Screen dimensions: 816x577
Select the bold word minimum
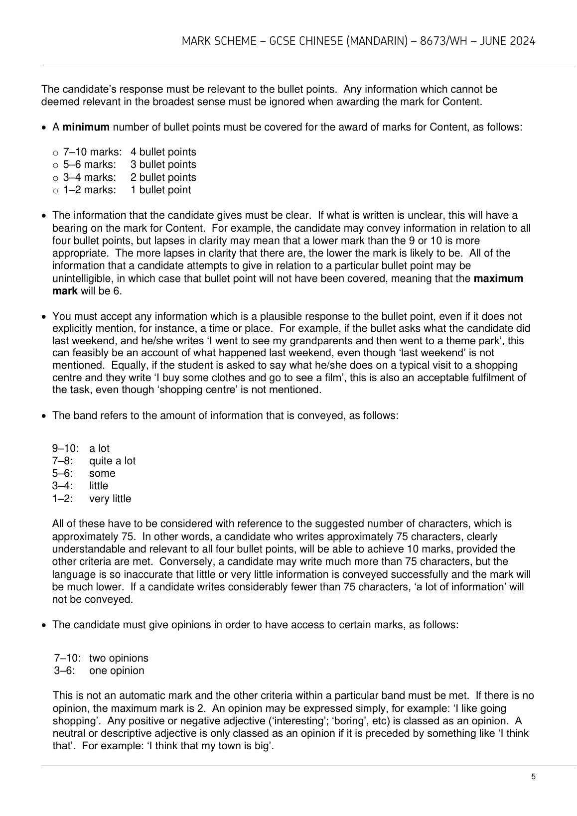tap(86, 127)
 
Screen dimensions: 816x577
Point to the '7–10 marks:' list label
tap(92, 152)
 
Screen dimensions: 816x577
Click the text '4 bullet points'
tap(163, 152)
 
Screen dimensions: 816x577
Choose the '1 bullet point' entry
tap(160, 190)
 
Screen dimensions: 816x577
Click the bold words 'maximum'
tap(498, 278)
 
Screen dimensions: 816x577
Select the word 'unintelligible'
tap(82, 278)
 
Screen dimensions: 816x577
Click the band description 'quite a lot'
tap(112, 461)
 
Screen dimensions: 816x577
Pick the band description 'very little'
tap(110, 499)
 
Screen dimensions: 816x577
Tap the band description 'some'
tap(102, 473)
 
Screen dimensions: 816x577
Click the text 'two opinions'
tap(119, 658)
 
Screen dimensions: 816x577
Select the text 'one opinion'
tap(117, 671)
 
